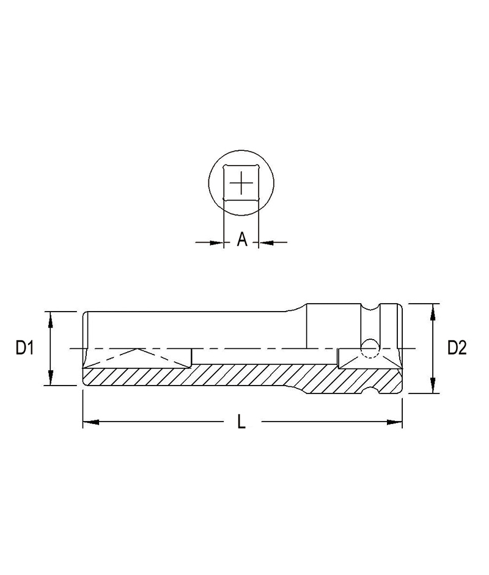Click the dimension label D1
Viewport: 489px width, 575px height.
tap(24, 348)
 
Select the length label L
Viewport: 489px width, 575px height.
tap(241, 422)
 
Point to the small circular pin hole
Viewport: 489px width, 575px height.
tap(369, 348)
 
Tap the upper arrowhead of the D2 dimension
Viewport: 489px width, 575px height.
tap(433, 309)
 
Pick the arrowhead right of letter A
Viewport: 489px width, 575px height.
tap(265, 243)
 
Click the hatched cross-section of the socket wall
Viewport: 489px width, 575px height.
tap(244, 374)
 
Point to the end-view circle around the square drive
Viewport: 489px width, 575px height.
tap(210, 183)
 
